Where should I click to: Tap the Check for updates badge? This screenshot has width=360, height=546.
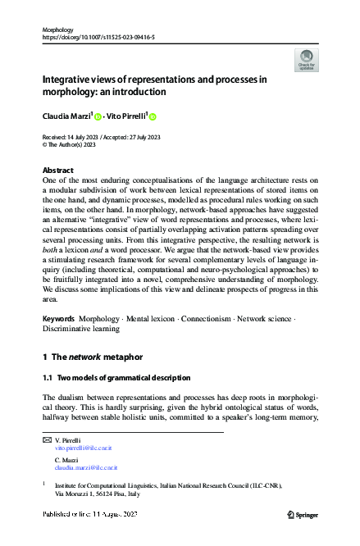click(x=307, y=59)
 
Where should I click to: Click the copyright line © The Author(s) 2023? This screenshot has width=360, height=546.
click(x=72, y=145)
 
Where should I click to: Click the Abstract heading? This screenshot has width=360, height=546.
click(x=57, y=170)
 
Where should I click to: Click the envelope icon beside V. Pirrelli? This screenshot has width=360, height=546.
click(x=46, y=441)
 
